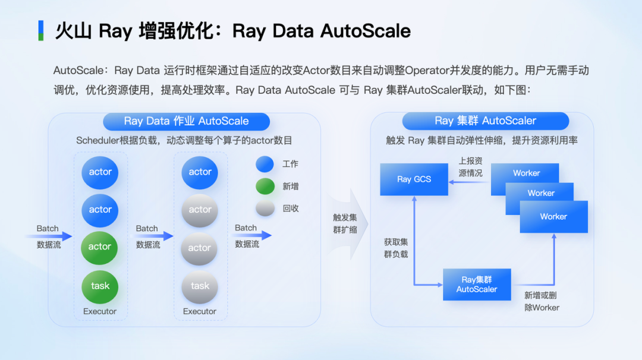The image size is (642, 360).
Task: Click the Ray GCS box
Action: point(414,179)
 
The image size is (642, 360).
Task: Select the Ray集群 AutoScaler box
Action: point(477,285)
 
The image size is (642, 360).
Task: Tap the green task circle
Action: point(100,286)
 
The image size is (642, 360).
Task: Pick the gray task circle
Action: point(200,286)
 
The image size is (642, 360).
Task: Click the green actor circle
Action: point(99,247)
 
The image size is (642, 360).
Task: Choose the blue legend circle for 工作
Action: point(265,164)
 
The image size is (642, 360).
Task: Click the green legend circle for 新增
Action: point(265,186)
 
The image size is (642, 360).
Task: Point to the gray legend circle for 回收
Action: point(265,208)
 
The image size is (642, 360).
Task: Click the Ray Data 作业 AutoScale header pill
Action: point(186,121)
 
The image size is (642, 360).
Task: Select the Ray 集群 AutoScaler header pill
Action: point(485,121)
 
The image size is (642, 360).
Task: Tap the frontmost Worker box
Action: point(553,217)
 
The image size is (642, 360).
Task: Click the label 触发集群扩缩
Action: point(345,223)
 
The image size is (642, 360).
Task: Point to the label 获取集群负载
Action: point(396,248)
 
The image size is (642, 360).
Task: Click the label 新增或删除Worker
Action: point(541,301)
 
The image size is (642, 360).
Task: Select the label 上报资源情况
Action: point(470,167)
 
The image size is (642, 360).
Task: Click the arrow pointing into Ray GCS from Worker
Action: point(470,182)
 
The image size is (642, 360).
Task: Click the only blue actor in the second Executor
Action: point(200,172)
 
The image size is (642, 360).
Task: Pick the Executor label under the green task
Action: point(100,311)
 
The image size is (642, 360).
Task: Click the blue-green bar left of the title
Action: point(40,30)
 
